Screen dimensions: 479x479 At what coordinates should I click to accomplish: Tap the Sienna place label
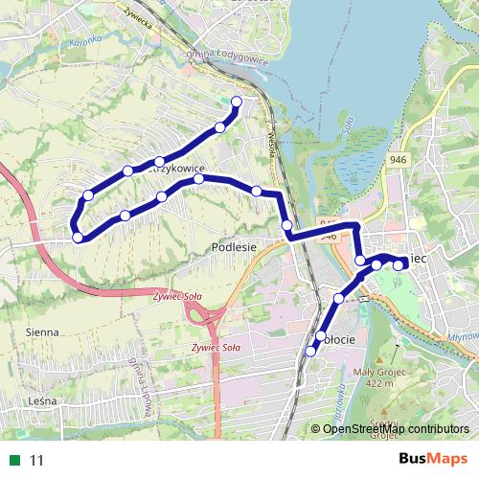coord(43,331)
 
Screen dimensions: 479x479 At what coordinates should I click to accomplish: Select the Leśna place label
coord(44,400)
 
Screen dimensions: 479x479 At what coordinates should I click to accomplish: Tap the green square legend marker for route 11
coord(13,460)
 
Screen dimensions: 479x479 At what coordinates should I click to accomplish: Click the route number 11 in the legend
coord(37,460)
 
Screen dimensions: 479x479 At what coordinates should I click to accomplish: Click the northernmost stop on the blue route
coord(237,101)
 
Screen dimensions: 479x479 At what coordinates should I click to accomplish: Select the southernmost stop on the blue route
coord(309,352)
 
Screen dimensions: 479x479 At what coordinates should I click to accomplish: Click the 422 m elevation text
coord(379,384)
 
